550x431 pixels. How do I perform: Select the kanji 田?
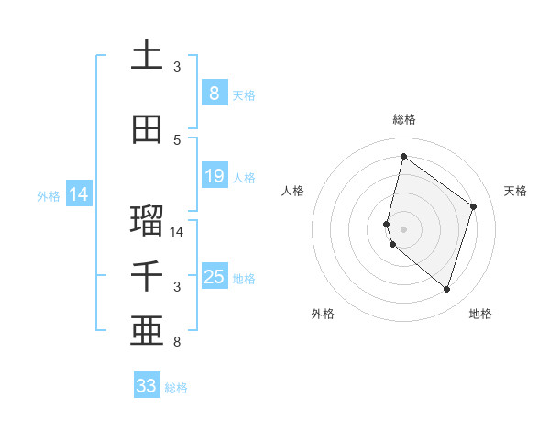click(147, 129)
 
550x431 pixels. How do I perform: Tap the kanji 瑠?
click(147, 220)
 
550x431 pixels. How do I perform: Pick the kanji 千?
click(147, 276)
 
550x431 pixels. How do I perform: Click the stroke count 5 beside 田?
click(177, 140)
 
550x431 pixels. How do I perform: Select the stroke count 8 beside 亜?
click(177, 343)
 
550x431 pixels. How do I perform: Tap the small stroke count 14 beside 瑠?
click(178, 232)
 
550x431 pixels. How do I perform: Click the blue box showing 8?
click(214, 94)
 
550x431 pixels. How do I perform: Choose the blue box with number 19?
click(214, 176)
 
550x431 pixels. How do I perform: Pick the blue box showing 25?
click(214, 277)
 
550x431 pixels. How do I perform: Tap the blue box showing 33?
click(146, 386)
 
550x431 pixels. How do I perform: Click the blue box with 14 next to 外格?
click(78, 194)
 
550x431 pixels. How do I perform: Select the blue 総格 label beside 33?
click(176, 388)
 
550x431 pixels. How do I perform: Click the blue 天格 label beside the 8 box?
click(243, 94)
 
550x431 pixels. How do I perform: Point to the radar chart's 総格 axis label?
click(403, 119)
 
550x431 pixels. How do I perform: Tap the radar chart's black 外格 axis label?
click(323, 314)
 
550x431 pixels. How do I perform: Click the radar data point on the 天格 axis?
click(473, 206)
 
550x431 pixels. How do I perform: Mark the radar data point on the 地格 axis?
click(446, 290)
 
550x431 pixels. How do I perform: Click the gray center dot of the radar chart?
click(403, 228)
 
